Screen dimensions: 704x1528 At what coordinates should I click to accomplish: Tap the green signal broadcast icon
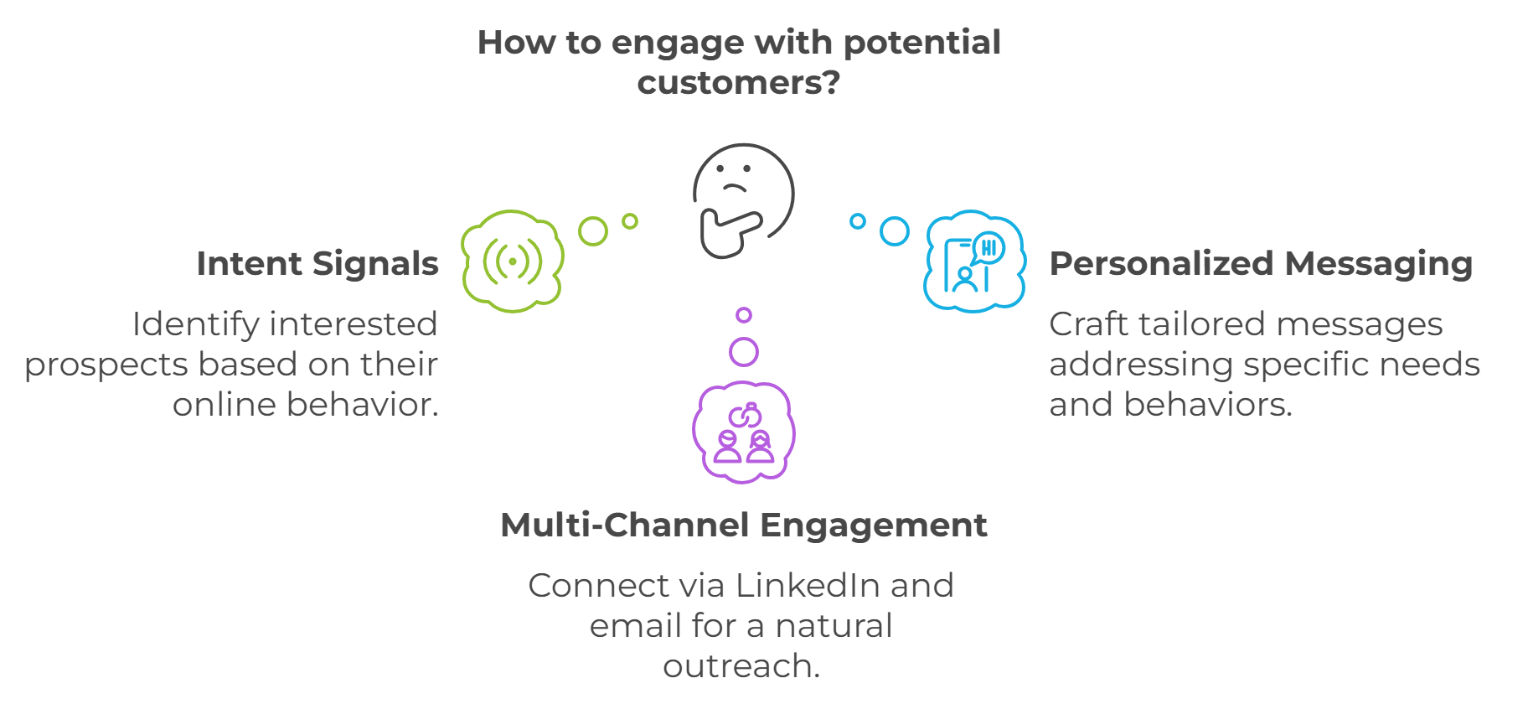pos(512,261)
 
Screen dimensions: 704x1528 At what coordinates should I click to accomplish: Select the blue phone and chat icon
pos(974,261)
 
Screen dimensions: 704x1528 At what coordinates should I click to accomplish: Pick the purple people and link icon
pos(744,432)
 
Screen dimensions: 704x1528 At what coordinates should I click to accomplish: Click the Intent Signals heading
pos(317,264)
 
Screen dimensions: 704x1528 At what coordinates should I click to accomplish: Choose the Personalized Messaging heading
pos(1261,264)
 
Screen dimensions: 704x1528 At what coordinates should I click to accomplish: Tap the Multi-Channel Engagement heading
pos(744,525)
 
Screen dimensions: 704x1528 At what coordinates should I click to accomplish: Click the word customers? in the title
pos(738,83)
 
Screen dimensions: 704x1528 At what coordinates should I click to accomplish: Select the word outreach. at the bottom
pos(741,666)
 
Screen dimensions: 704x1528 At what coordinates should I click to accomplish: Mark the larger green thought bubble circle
pos(593,231)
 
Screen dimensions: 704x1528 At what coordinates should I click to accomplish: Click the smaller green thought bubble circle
pos(630,221)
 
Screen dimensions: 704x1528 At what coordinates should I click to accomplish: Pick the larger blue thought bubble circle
pos(895,231)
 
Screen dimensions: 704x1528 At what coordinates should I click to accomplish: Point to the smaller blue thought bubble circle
pos(858,221)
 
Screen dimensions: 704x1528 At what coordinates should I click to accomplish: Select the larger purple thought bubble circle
pos(744,352)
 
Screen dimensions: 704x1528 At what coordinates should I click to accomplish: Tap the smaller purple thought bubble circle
pos(744,315)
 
